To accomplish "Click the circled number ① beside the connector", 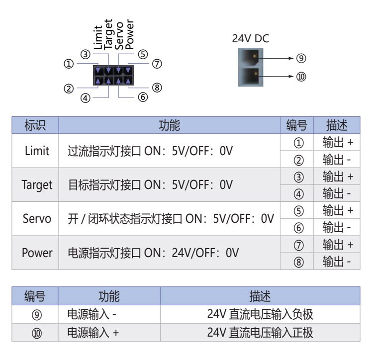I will pos(69,64).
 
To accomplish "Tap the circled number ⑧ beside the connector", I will pos(157,88).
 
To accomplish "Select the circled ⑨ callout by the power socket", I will pos(301,58).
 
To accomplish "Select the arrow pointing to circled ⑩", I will pos(280,77).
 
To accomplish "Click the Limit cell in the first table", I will pos(37,151).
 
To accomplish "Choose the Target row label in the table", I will pos(37,185).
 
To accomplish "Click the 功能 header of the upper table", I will pos(169,125).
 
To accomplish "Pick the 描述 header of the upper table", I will pos(337,125).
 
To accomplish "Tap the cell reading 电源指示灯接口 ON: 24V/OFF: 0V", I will pos(153,253).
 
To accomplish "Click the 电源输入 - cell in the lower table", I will pos(93,315).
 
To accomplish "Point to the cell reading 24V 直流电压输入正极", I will pos(260,332).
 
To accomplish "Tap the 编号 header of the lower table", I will pos(35,297).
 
